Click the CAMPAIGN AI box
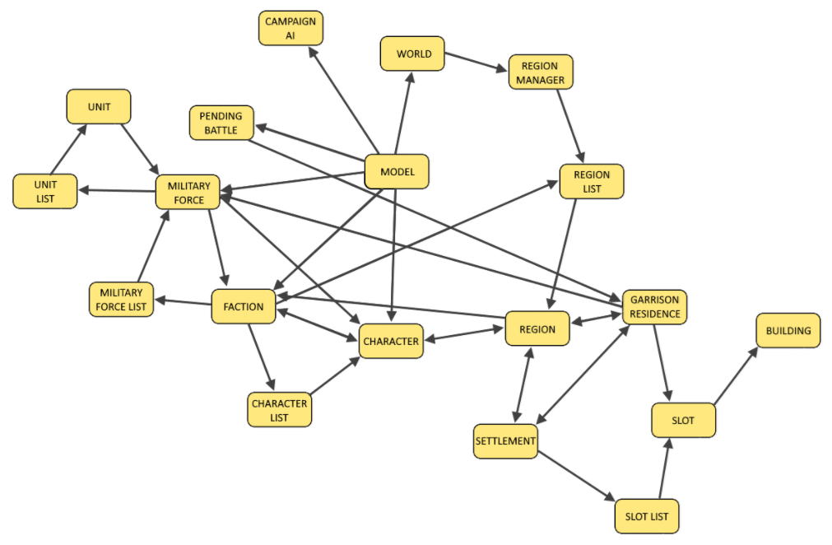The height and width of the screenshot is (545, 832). pyautogui.click(x=291, y=28)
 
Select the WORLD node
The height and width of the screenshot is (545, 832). pyautogui.click(x=412, y=54)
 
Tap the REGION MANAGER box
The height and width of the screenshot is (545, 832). pyautogui.click(x=540, y=72)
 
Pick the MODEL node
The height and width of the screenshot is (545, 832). pyautogui.click(x=397, y=172)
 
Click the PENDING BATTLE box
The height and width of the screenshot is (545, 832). pyautogui.click(x=221, y=123)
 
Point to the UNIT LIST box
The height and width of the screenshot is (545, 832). pyautogui.click(x=45, y=191)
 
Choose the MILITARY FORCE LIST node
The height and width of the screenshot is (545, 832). pyautogui.click(x=121, y=300)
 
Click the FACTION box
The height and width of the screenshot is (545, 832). pyautogui.click(x=244, y=306)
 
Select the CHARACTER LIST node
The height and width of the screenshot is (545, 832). pyautogui.click(x=280, y=409)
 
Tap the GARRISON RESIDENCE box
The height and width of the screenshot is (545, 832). pyautogui.click(x=655, y=306)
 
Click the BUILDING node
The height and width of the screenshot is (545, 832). pyautogui.click(x=788, y=331)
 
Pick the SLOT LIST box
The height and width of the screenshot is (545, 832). pyautogui.click(x=647, y=516)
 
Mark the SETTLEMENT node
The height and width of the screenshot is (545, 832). pyautogui.click(x=505, y=440)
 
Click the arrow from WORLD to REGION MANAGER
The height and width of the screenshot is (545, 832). pyautogui.click(x=476, y=63)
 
